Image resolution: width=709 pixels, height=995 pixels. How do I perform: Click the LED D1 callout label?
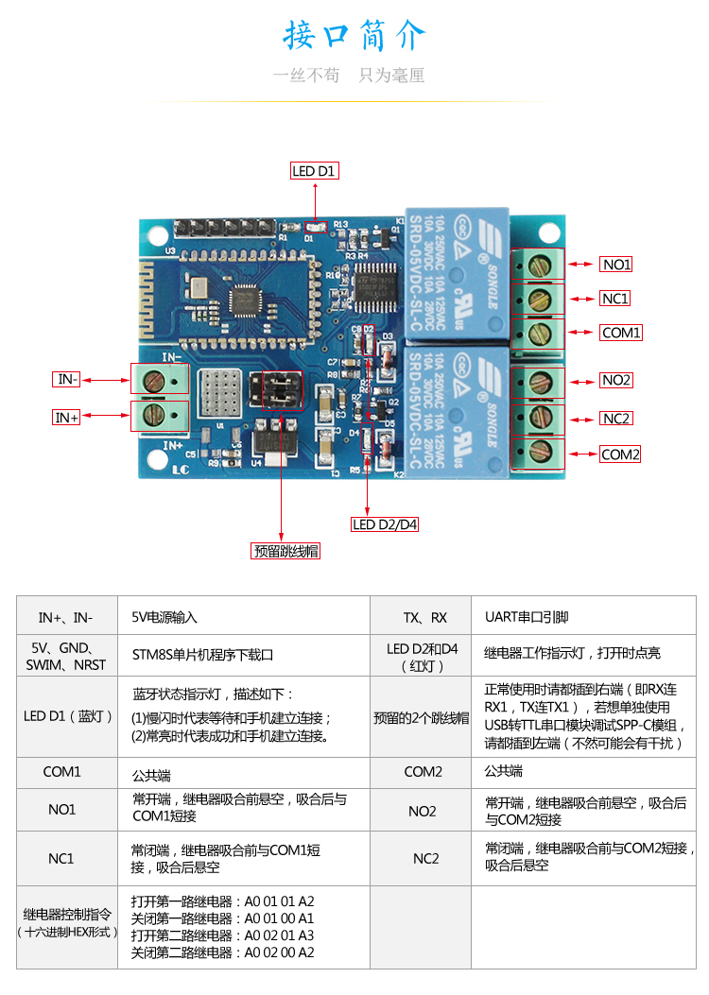[x=314, y=171]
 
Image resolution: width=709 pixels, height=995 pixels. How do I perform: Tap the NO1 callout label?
[x=616, y=265]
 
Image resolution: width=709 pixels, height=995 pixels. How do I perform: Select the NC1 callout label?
[x=614, y=299]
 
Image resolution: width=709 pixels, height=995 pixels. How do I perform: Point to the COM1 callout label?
[x=621, y=333]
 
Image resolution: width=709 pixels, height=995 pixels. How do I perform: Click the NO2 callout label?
[x=616, y=380]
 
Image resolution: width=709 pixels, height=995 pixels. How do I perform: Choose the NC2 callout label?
[x=615, y=419]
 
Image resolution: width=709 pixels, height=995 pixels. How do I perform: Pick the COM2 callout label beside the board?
[x=620, y=455]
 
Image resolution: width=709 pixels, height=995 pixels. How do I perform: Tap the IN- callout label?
[x=66, y=379]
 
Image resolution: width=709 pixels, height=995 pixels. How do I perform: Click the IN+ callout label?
[x=66, y=417]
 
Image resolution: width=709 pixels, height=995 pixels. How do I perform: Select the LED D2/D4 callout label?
[x=385, y=524]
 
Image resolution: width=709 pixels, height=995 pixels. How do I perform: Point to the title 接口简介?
[x=354, y=37]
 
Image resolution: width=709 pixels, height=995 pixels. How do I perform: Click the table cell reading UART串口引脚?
[x=527, y=617]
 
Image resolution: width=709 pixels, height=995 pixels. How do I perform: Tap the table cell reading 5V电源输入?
[x=164, y=617]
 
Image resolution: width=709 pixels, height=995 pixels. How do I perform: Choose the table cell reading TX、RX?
[x=424, y=617]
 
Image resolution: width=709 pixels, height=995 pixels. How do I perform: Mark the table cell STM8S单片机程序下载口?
[x=202, y=653]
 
